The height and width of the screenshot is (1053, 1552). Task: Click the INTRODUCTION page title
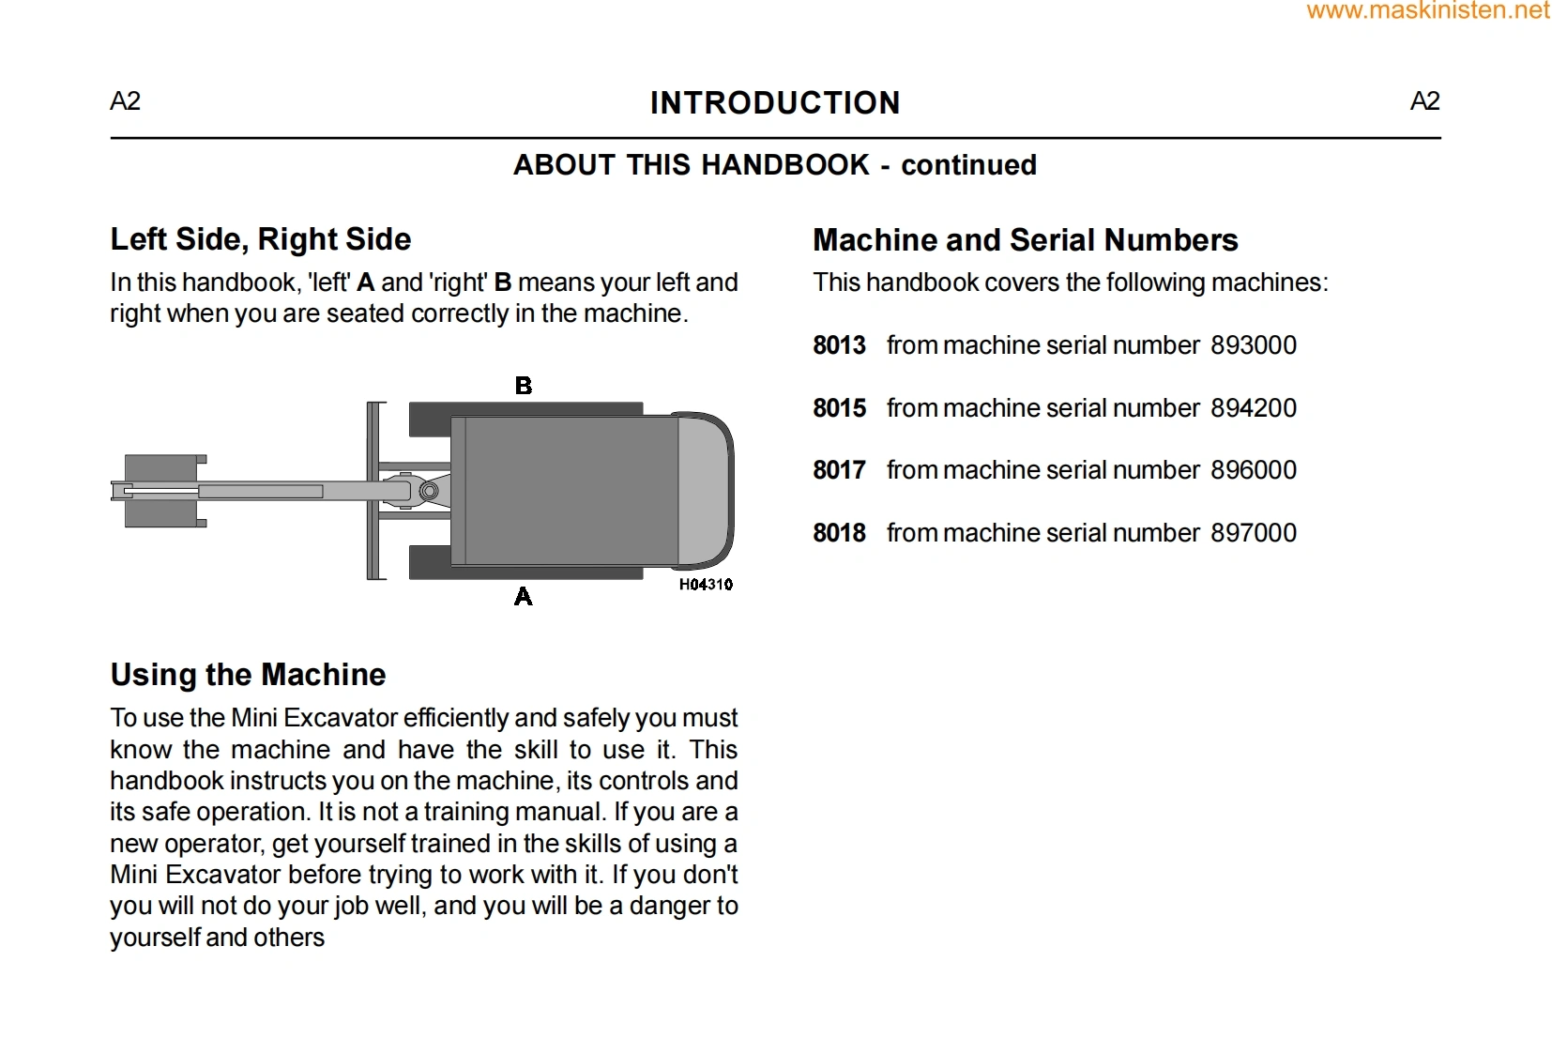tap(775, 102)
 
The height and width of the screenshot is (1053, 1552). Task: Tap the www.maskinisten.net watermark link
tap(1427, 11)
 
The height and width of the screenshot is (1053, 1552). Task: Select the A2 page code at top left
tap(125, 101)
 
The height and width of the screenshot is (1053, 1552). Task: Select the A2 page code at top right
tap(1424, 101)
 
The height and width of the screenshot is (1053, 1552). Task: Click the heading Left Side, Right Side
tap(261, 239)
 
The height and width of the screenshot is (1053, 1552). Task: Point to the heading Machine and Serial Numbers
tap(1025, 240)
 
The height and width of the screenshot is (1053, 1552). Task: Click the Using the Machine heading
tap(248, 675)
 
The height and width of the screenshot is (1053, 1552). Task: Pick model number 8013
tap(839, 345)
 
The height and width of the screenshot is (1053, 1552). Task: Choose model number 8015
tap(839, 408)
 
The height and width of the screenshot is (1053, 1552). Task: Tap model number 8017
tap(839, 470)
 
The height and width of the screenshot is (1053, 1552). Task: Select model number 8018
tap(839, 533)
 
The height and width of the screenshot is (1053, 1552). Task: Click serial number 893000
tap(1254, 345)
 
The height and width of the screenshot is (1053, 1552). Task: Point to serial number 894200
tap(1254, 408)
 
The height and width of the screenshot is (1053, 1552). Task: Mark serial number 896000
tap(1254, 470)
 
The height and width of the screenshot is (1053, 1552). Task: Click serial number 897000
tap(1254, 533)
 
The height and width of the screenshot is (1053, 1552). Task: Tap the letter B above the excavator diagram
tap(524, 386)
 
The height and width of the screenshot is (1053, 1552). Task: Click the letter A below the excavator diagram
tap(524, 597)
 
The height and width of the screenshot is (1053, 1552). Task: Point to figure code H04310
tap(706, 585)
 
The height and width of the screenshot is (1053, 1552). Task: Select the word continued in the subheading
tap(968, 165)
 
